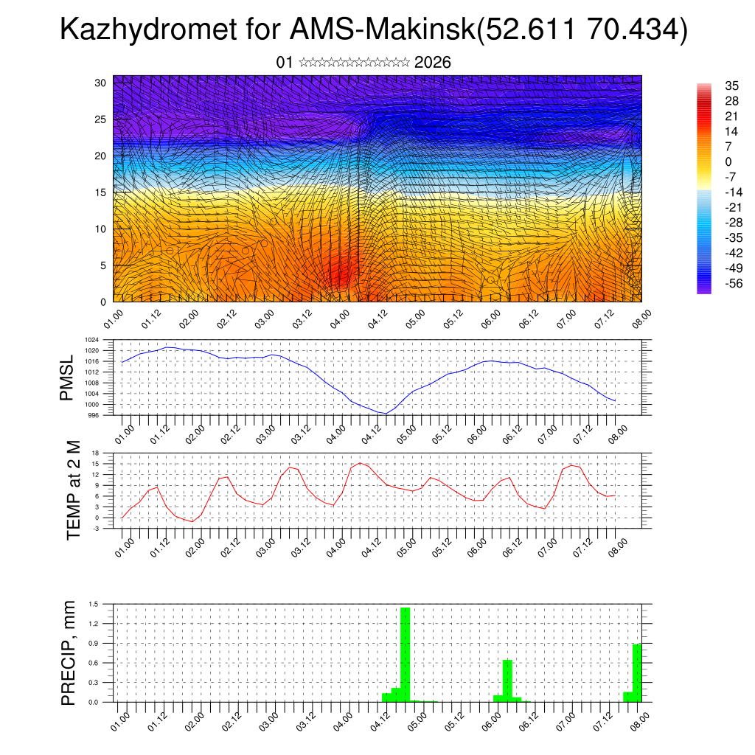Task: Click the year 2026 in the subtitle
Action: pos(433,63)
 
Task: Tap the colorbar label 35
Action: pos(711,86)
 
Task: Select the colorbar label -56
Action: pos(714,283)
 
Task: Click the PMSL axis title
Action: pos(68,379)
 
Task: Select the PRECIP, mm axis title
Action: pos(69,653)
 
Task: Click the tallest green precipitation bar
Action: pos(405,654)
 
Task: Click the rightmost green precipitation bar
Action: pos(637,672)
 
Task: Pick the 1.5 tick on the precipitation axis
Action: pos(94,604)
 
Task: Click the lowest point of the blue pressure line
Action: pos(385,413)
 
